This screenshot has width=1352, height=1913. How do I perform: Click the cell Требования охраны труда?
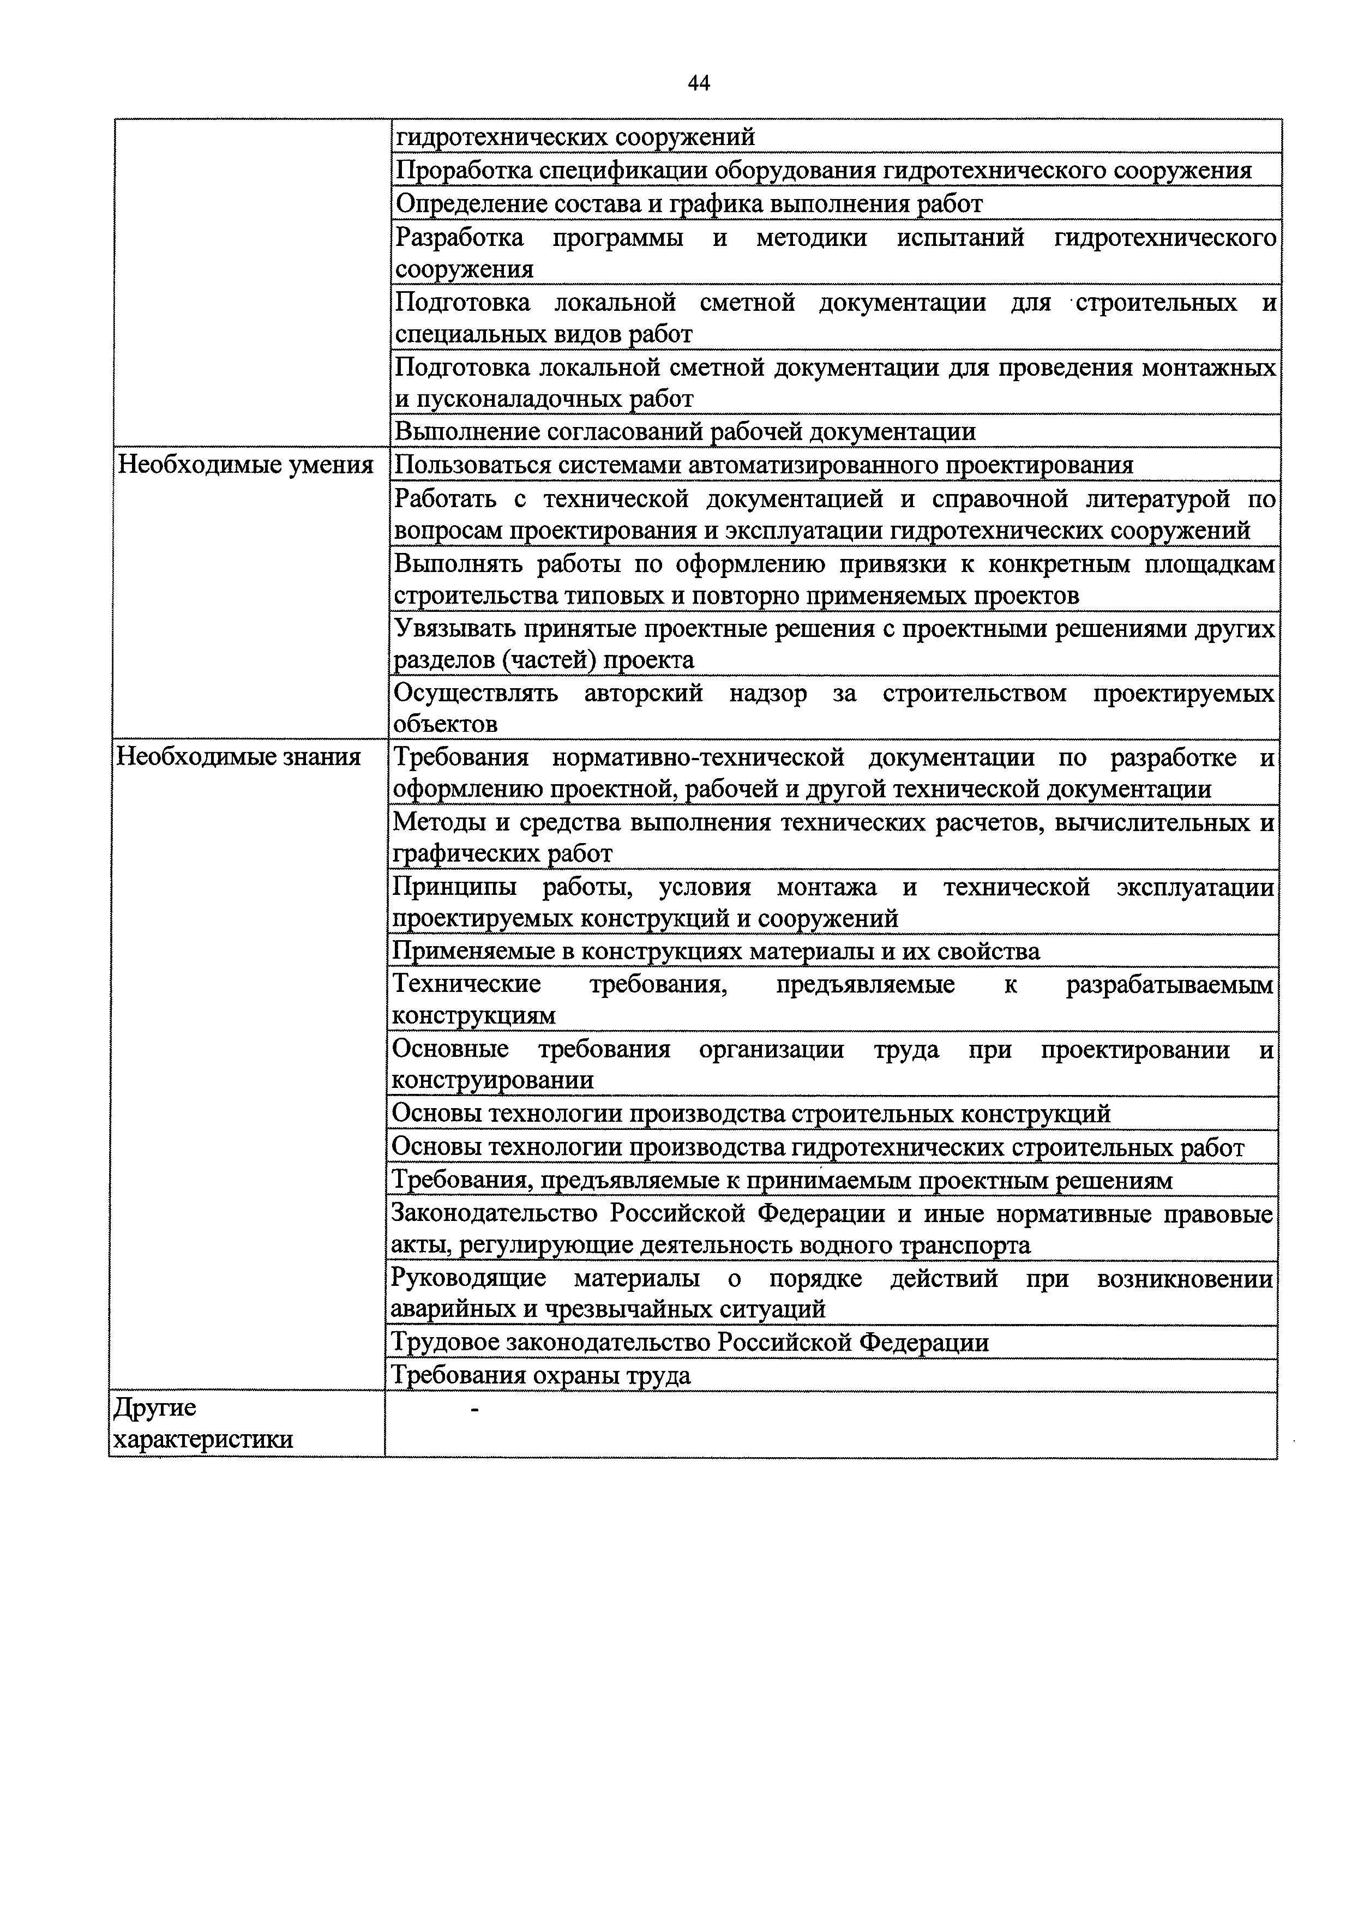tap(542, 1375)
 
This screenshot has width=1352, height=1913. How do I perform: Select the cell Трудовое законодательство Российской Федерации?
tap(690, 1342)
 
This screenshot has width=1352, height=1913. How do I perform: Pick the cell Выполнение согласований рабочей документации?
tap(685, 431)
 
